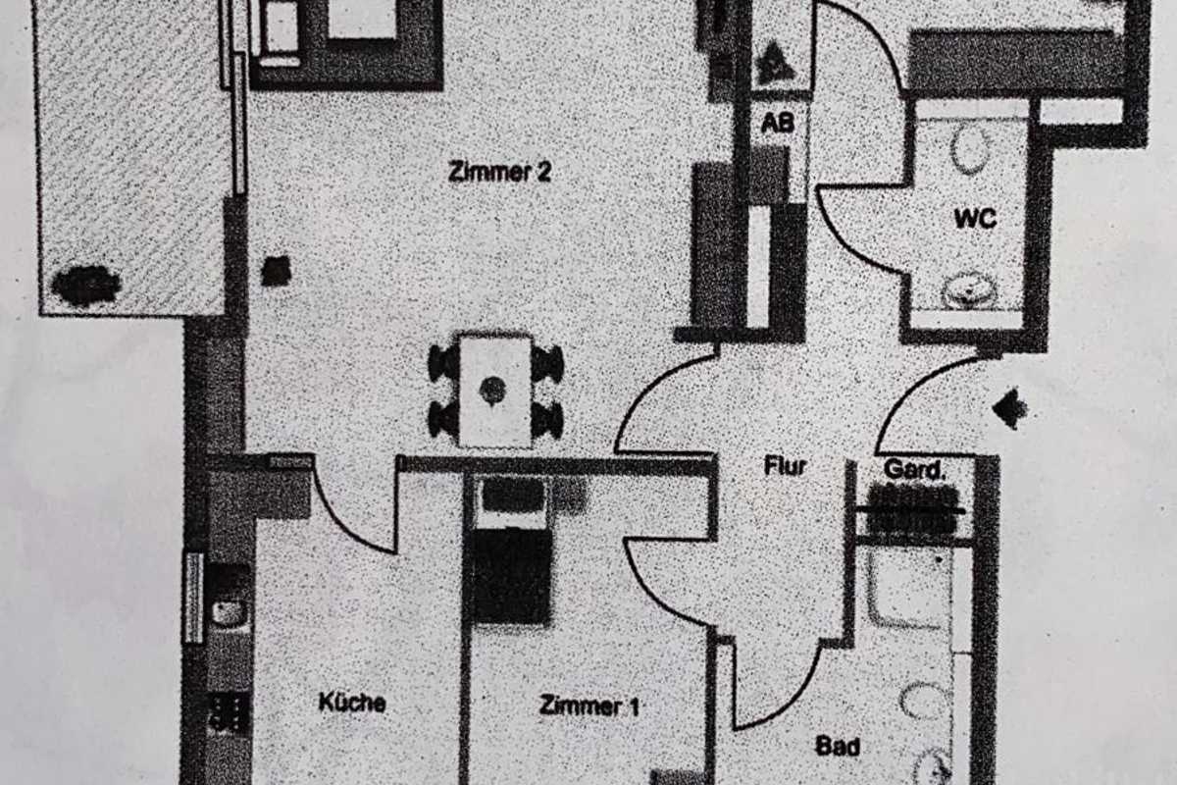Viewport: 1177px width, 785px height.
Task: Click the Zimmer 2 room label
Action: click(x=499, y=172)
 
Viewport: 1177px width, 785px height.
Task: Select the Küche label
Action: click(x=352, y=703)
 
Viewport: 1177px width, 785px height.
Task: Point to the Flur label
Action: click(x=785, y=466)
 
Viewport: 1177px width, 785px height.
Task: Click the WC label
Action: click(x=975, y=219)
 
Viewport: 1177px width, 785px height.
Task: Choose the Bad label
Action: click(x=838, y=747)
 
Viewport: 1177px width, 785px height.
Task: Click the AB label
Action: click(x=778, y=124)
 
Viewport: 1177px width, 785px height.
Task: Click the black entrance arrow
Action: click(x=1010, y=408)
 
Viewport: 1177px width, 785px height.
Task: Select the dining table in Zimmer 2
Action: click(x=495, y=391)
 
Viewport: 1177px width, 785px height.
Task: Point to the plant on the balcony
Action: click(x=86, y=286)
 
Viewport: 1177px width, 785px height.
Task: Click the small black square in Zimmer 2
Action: click(x=277, y=271)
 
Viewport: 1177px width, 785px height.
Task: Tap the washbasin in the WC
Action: click(x=969, y=291)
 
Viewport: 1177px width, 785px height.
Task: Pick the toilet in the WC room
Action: click(x=970, y=150)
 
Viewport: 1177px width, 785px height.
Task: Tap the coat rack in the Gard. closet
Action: click(x=909, y=510)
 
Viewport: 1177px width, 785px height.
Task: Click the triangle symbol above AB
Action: click(x=776, y=64)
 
